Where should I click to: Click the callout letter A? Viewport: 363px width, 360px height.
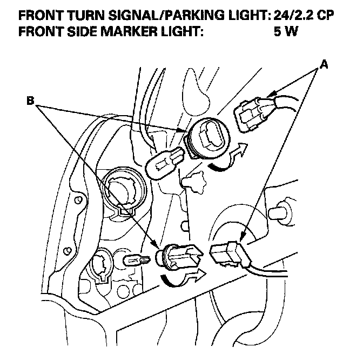324,64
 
